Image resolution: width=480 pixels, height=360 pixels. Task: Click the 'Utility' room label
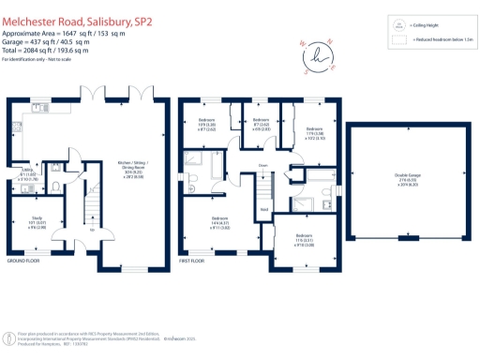click(x=27, y=172)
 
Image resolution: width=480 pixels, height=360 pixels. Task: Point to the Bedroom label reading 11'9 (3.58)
click(x=314, y=132)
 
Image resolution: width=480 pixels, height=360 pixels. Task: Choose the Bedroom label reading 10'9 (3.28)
click(x=206, y=125)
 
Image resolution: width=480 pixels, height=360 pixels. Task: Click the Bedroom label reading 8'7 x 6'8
click(x=257, y=126)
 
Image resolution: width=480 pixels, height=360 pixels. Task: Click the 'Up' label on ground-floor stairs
click(x=91, y=229)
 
